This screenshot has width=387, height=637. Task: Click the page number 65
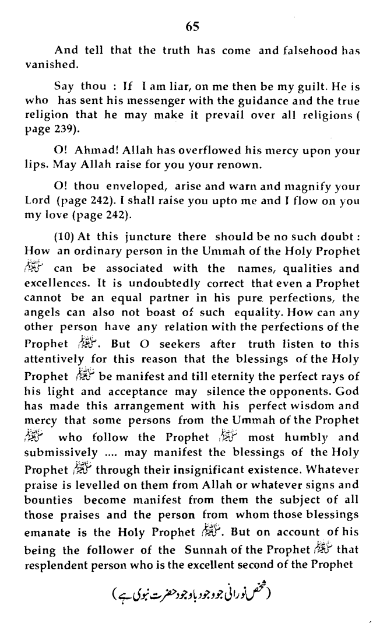[193, 26]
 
